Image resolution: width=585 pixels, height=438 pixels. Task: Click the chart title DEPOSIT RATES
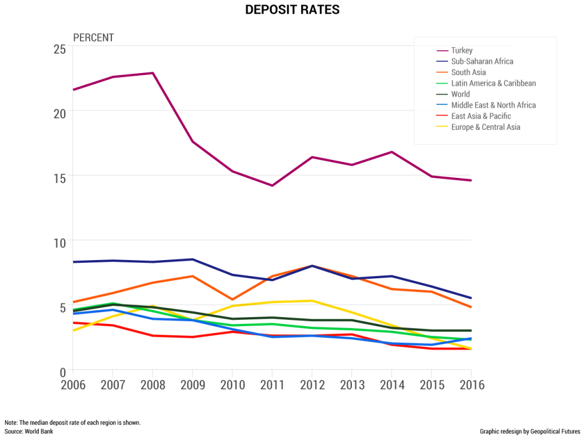pos(292,10)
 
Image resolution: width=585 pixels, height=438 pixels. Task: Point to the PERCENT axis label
pos(94,38)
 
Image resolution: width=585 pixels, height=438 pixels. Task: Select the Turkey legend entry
pos(462,51)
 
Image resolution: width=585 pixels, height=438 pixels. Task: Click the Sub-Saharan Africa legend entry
pos(482,62)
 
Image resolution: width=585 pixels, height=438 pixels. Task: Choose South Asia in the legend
pos(468,72)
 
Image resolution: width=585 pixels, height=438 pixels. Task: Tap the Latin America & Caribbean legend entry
pos(493,83)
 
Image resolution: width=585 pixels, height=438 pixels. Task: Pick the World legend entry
pos(460,94)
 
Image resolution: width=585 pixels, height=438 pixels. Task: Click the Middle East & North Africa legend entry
pos(493,105)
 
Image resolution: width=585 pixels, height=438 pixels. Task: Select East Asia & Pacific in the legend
pos(480,116)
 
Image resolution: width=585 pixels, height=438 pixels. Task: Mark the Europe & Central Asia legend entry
pos(486,127)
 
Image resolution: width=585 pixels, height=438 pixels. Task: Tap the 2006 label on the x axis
pos(73,385)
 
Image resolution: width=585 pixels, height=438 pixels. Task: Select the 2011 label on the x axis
pos(273,385)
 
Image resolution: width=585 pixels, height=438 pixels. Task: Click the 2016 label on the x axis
pos(471,385)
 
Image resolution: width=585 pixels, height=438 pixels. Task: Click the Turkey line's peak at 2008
pos(153,73)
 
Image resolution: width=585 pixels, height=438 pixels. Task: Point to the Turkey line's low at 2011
pos(273,185)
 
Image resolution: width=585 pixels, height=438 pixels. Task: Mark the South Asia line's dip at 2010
pos(233,299)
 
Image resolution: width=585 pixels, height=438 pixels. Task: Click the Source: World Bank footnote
pos(29,431)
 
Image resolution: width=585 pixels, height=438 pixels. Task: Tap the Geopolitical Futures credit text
pos(530,431)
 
